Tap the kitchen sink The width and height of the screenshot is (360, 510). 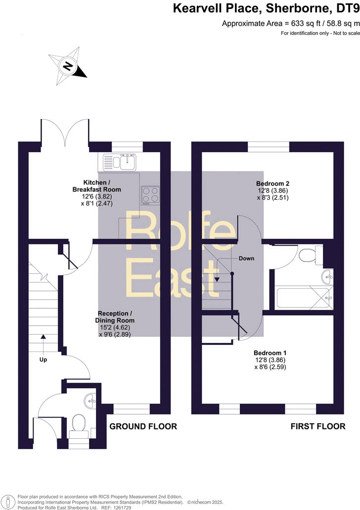(x=120, y=161)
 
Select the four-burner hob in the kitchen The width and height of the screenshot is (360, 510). (x=150, y=194)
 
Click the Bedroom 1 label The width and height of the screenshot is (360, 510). (x=270, y=353)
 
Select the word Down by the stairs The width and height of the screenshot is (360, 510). (x=247, y=258)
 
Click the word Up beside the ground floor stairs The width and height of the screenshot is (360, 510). (x=44, y=360)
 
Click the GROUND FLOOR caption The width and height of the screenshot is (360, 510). (x=143, y=426)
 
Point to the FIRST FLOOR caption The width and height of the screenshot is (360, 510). (x=317, y=426)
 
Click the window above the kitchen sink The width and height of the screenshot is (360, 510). (x=128, y=146)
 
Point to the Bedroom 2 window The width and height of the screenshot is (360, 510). (x=269, y=146)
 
